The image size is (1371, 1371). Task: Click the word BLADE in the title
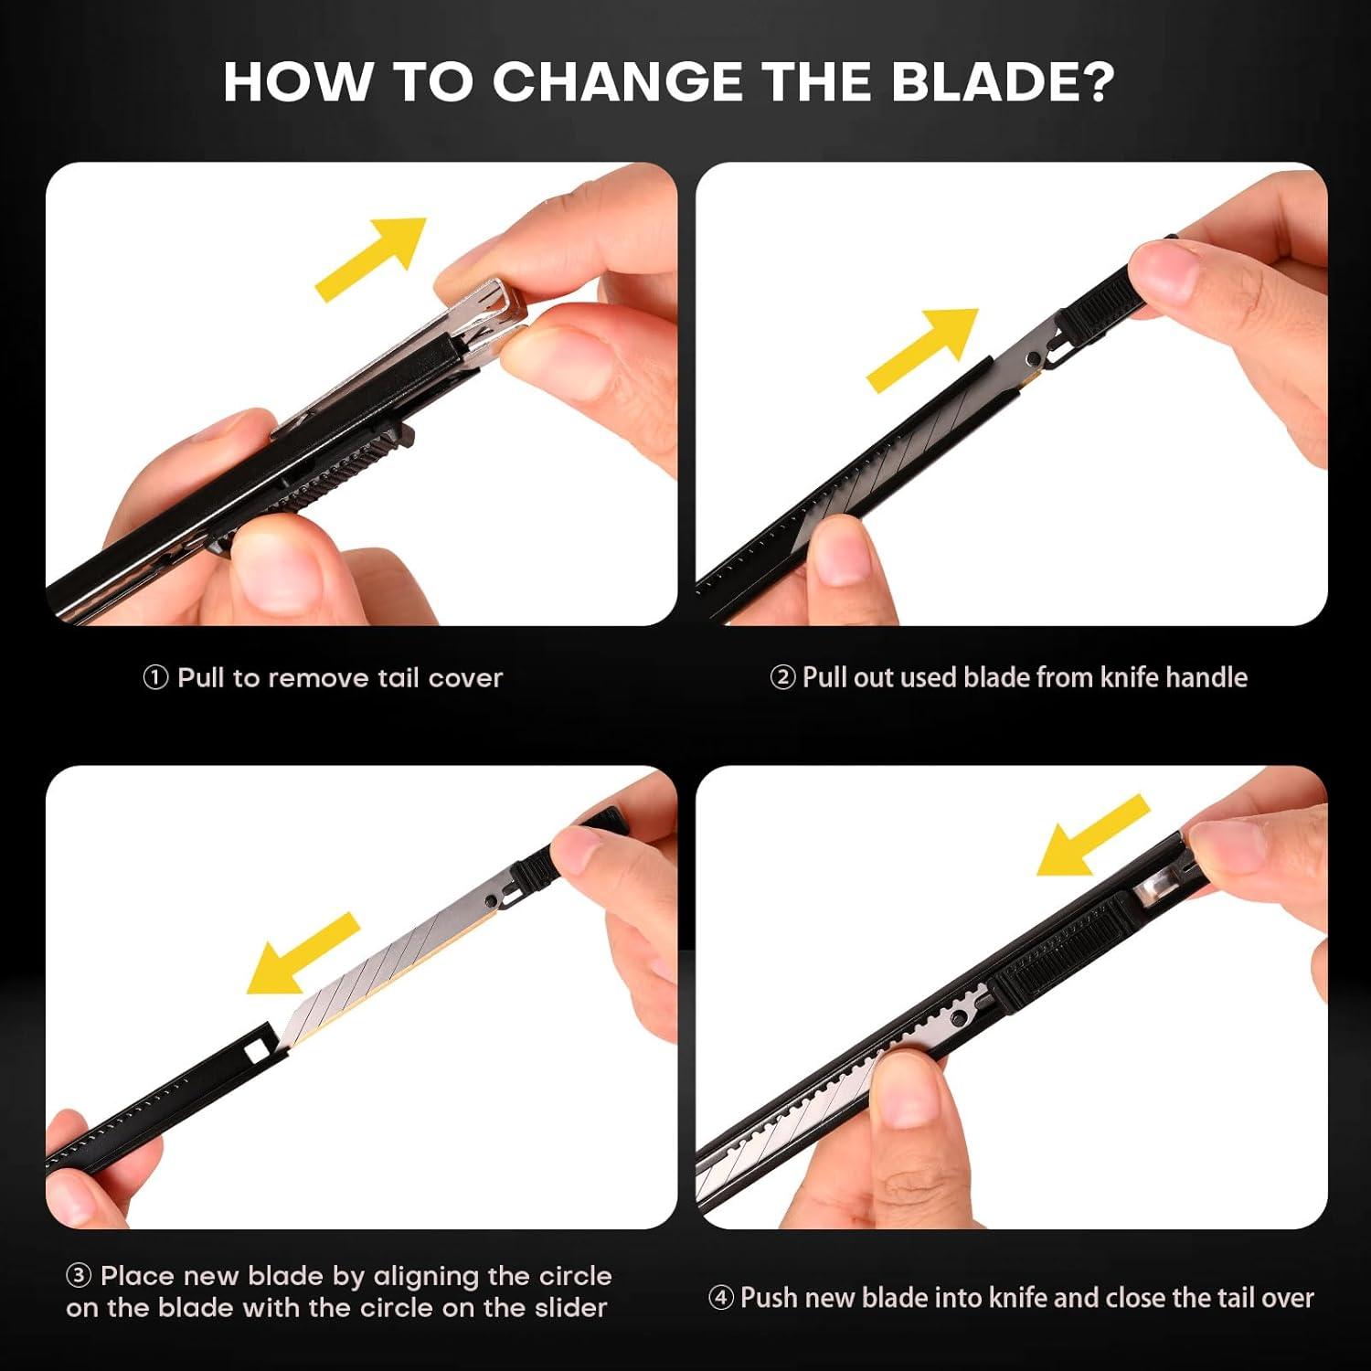(1003, 81)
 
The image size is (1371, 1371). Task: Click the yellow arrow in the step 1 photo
(371, 259)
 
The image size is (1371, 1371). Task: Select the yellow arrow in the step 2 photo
(922, 350)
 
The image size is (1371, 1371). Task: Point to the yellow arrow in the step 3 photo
(303, 954)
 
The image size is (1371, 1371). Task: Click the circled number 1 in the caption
(156, 678)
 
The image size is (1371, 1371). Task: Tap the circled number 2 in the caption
(782, 678)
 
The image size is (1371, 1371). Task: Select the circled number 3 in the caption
(80, 1276)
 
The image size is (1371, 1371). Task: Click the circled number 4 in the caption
(721, 1298)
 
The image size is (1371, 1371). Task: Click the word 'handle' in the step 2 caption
(1206, 677)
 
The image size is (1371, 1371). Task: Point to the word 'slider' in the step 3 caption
(570, 1308)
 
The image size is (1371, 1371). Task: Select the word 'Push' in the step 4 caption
(770, 1298)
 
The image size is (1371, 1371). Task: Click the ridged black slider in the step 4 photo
(1065, 955)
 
